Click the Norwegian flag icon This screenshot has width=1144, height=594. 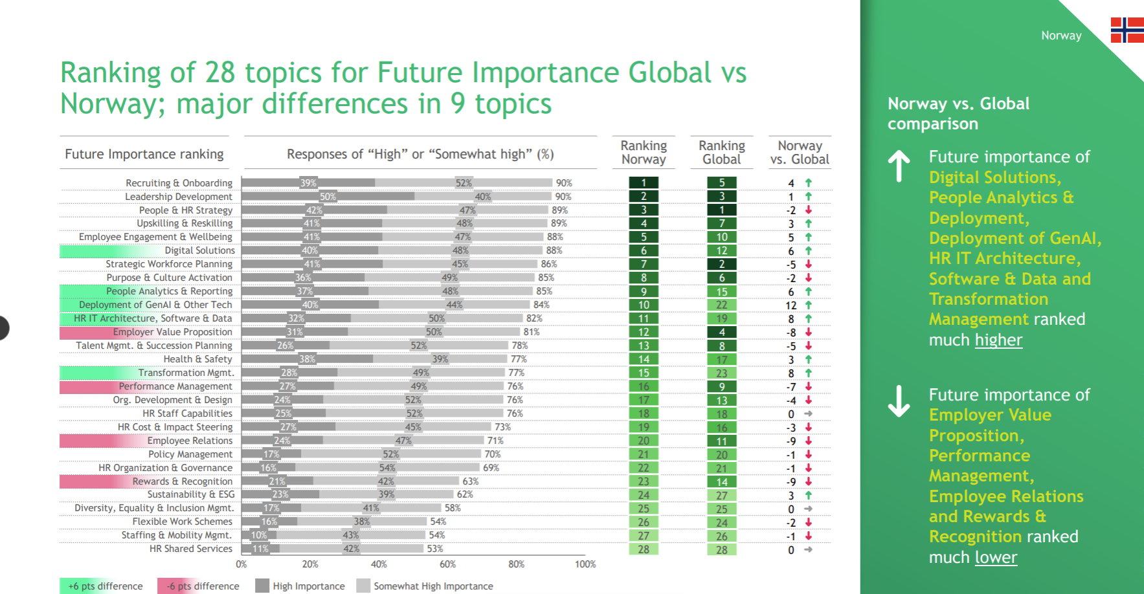tap(1127, 30)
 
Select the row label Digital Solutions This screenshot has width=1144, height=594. tap(199, 250)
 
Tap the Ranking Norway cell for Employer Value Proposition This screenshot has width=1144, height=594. tap(644, 332)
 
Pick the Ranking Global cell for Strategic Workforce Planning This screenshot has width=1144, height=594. tap(722, 264)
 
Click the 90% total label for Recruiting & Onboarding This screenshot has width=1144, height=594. tap(564, 183)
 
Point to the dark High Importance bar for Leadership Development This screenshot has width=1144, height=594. tap(328, 196)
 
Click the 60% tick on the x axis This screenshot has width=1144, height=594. tap(447, 564)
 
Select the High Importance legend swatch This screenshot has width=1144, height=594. tap(262, 586)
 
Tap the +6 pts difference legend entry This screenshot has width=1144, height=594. tap(106, 586)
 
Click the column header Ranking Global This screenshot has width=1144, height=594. tap(722, 152)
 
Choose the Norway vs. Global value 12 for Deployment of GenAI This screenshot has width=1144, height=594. tap(791, 305)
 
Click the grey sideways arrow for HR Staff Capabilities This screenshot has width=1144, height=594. tap(809, 413)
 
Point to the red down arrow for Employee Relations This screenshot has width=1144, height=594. tap(809, 441)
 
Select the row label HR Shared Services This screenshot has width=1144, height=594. tap(190, 549)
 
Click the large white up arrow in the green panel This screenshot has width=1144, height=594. tap(899, 166)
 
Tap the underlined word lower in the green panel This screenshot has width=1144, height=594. tap(996, 557)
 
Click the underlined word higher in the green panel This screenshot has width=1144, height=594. tap(999, 340)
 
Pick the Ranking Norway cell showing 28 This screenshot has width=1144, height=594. tap(644, 549)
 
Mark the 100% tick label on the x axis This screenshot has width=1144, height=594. tap(585, 564)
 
